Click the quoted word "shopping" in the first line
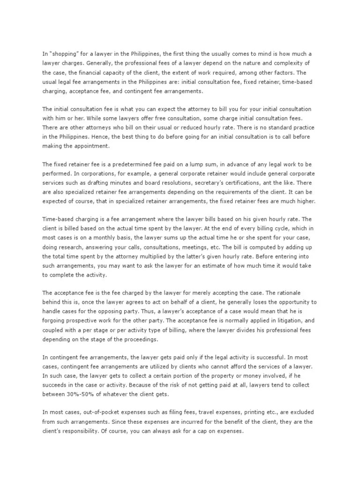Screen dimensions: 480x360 tap(62, 53)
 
